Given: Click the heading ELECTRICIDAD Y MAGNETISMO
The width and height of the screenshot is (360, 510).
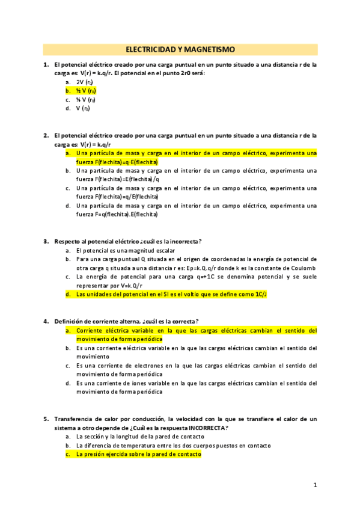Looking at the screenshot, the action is [x=180, y=49].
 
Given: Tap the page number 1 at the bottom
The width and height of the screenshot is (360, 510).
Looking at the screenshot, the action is [x=314, y=485].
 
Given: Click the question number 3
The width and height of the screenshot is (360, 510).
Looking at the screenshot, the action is [x=46, y=241].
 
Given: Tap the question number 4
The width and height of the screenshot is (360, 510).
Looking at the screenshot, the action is [x=46, y=321].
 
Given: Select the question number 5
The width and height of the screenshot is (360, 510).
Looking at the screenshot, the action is [x=46, y=419].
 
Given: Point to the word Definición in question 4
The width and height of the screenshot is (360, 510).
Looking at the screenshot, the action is [x=69, y=321].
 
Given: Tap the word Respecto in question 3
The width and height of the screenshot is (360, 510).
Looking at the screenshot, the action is [x=68, y=241].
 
